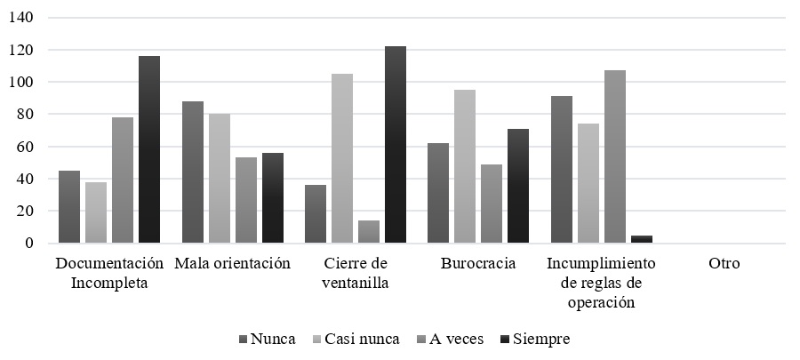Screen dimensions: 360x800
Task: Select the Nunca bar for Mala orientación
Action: [x=192, y=172]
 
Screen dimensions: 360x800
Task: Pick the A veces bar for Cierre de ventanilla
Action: [x=369, y=231]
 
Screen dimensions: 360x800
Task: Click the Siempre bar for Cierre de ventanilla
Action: [x=396, y=144]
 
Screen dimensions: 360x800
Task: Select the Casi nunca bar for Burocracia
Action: [x=465, y=166]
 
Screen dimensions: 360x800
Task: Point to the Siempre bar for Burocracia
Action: [x=518, y=186]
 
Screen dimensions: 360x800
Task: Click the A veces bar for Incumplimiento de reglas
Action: [x=615, y=156]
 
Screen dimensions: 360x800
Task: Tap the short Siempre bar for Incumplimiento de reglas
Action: [x=642, y=239]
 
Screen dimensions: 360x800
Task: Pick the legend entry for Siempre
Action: [x=533, y=339]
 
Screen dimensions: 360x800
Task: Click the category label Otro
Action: [x=724, y=264]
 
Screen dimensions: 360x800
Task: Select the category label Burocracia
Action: [x=478, y=264]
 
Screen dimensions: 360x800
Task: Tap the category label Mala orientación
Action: [x=233, y=264]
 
